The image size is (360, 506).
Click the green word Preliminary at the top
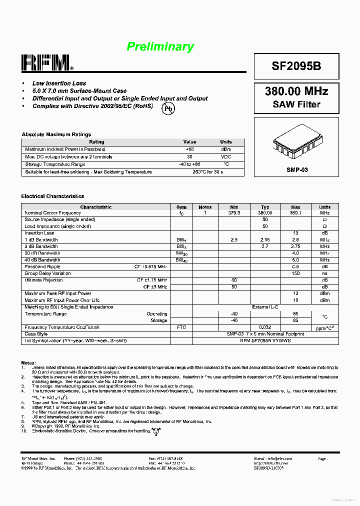tap(160, 47)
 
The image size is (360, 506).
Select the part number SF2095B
tap(296, 66)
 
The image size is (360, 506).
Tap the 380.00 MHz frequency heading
tap(296, 91)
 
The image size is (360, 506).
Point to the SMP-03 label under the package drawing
tap(297, 170)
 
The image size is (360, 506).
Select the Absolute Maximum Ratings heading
tap(56, 134)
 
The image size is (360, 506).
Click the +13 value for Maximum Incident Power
tap(189, 149)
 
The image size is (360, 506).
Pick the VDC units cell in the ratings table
tap(226, 156)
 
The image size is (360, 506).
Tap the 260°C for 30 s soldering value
tap(207, 172)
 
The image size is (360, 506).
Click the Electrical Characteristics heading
tap(52, 196)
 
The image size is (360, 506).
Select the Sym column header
tap(181, 207)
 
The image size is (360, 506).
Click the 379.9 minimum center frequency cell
tap(234, 212)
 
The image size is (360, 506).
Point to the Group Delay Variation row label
tap(48, 273)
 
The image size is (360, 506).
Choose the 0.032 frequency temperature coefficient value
tap(265, 327)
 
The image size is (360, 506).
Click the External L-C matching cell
tap(265, 307)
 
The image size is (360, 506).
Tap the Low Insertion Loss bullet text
tap(59, 83)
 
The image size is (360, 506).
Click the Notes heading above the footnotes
tap(28, 362)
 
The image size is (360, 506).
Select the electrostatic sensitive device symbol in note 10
tap(156, 430)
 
